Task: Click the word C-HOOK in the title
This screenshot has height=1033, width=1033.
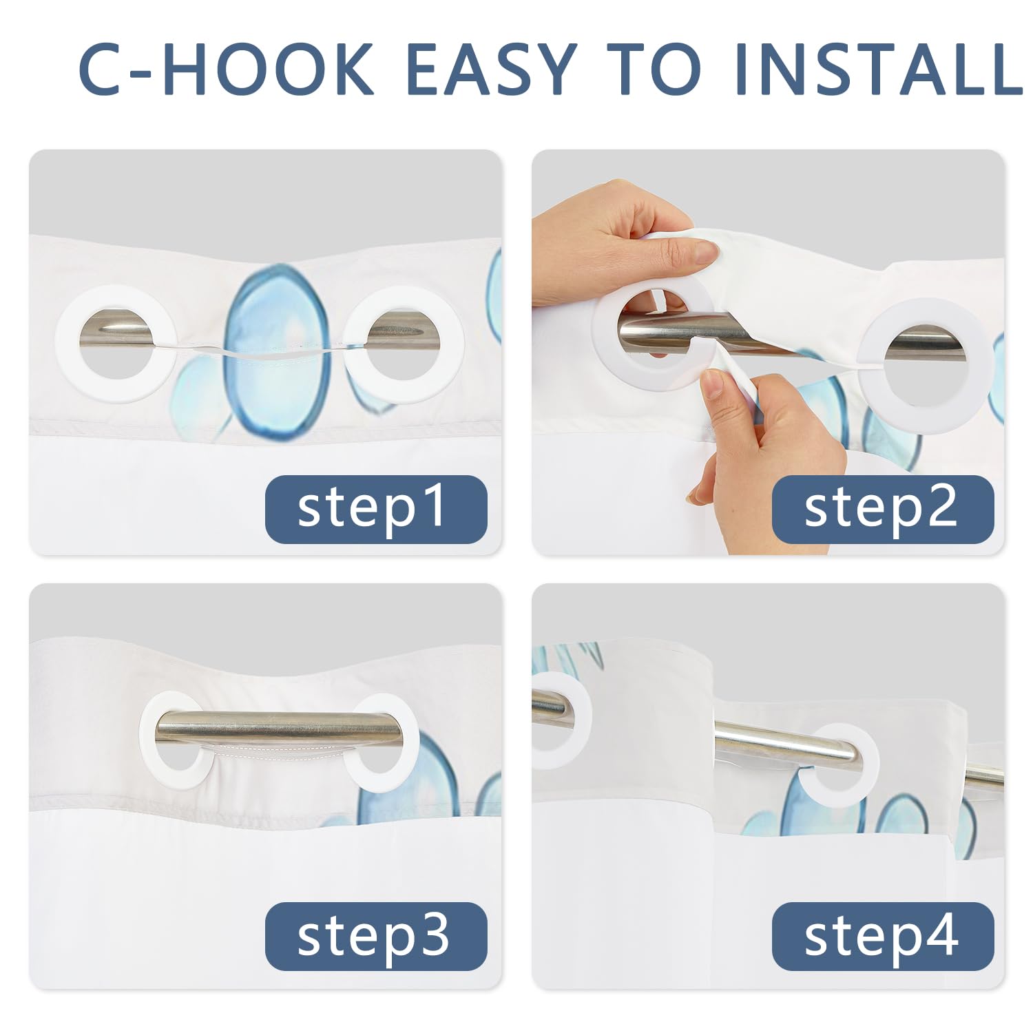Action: click(227, 70)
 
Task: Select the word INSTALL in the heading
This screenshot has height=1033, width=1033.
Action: click(879, 70)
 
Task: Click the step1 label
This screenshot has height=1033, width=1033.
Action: click(376, 509)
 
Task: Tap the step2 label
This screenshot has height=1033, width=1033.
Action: click(883, 509)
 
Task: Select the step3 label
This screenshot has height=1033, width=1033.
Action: click(376, 937)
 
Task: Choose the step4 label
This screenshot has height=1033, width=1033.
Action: click(883, 937)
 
